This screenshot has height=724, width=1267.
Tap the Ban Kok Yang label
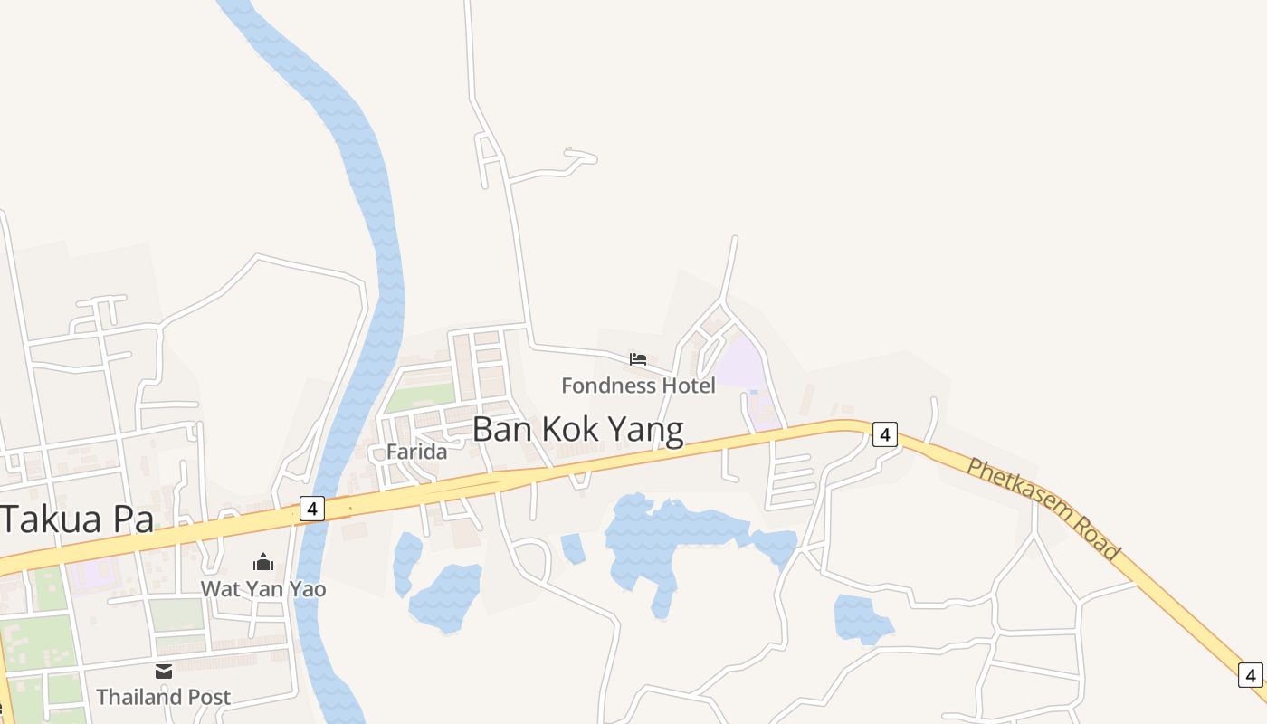click(577, 430)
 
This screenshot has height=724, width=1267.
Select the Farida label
click(416, 452)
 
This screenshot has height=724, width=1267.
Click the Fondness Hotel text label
click(638, 386)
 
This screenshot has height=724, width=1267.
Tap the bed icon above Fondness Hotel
click(638, 359)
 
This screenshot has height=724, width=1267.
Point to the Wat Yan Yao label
click(262, 589)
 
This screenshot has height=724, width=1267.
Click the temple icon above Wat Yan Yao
click(263, 562)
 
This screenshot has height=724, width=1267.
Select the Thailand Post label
click(163, 698)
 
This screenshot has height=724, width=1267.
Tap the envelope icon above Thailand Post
click(164, 672)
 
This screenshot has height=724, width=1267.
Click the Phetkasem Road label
click(1043, 509)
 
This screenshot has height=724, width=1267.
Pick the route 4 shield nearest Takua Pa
click(310, 509)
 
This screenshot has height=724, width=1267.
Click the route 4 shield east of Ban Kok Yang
click(885, 435)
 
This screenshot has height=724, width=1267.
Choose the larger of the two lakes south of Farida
click(446, 597)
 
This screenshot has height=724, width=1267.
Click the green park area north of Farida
click(420, 396)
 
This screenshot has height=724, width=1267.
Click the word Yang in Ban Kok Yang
click(645, 430)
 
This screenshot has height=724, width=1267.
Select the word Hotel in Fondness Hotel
click(687, 386)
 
